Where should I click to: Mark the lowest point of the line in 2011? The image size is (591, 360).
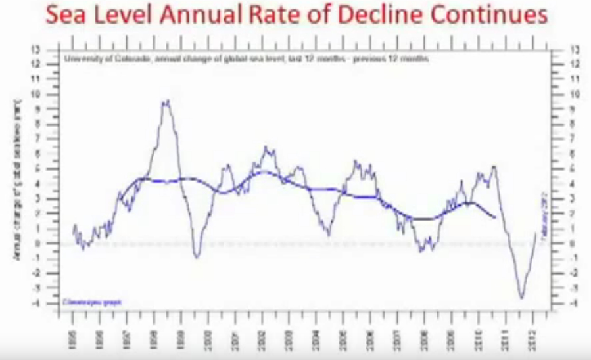pos(521,298)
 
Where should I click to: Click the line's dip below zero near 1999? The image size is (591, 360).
pos(197,256)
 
